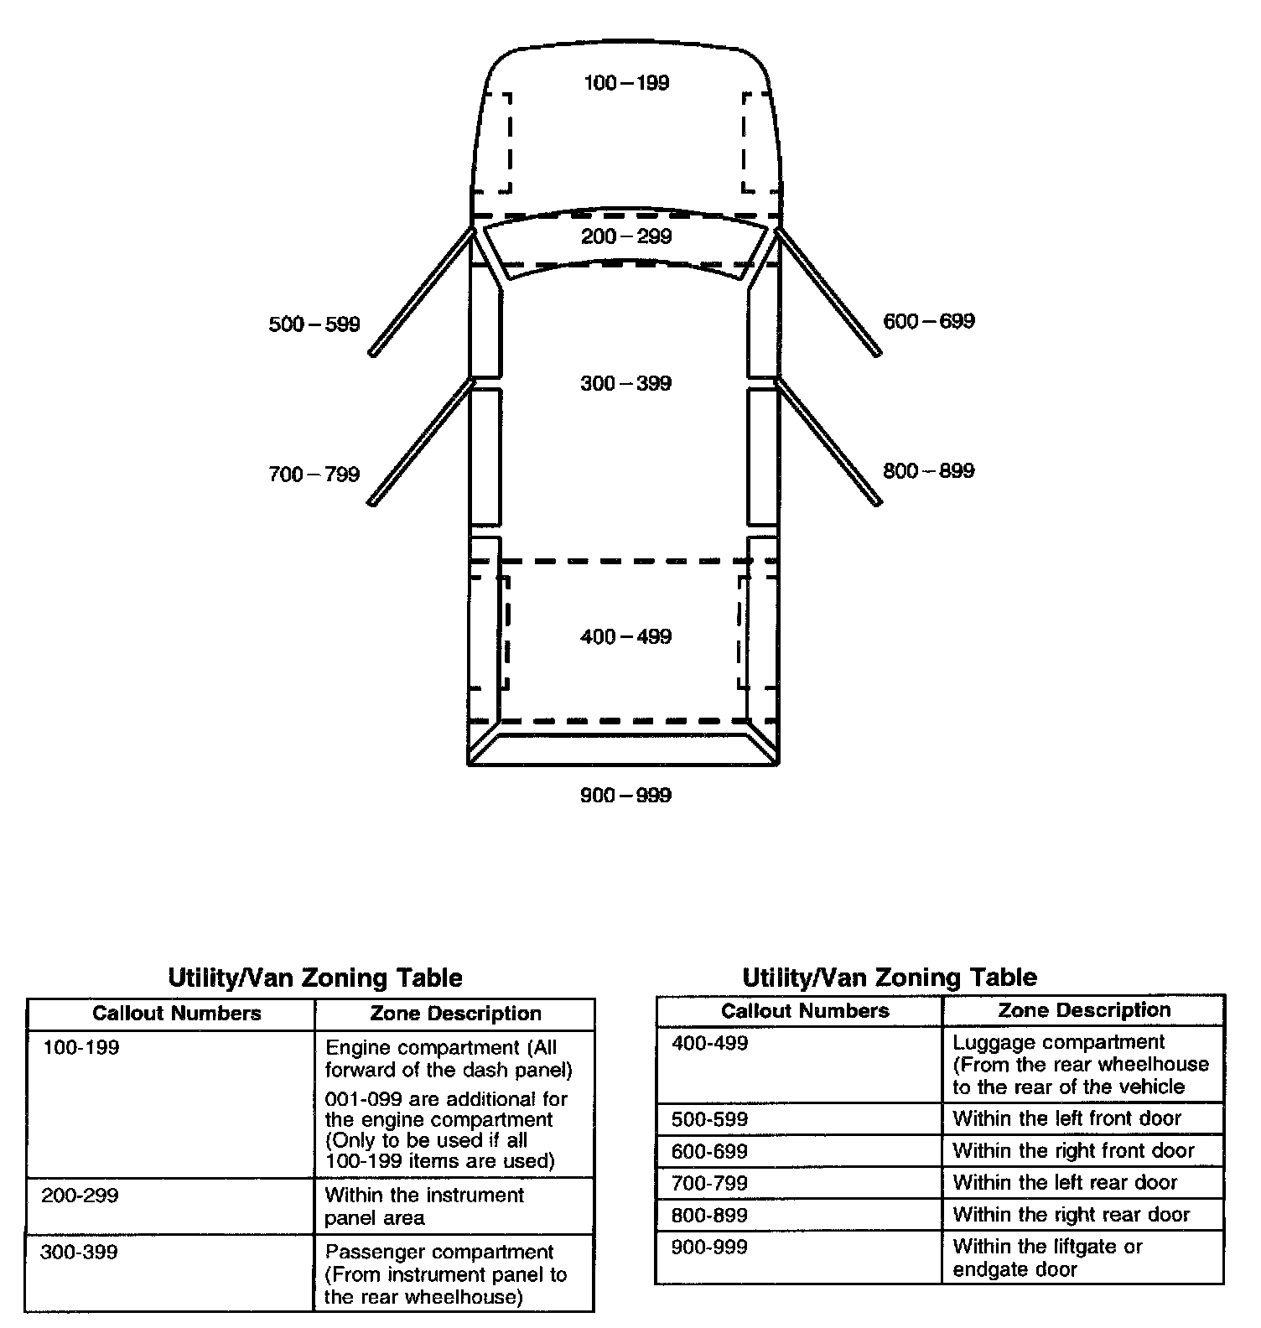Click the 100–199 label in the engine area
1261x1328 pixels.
coord(626,83)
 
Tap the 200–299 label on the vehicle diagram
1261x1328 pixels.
coord(626,236)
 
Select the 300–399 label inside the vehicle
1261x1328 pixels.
coord(625,384)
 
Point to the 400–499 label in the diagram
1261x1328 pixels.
coord(625,637)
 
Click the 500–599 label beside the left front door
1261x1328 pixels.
coord(314,324)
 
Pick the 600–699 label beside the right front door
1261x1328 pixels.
coord(929,321)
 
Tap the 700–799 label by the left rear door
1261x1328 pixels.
coord(314,475)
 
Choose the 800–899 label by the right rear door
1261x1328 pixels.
coord(929,471)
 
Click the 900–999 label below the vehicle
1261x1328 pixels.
coord(625,795)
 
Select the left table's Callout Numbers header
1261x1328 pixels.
coord(177,1014)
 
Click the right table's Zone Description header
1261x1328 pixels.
coord(1084,1010)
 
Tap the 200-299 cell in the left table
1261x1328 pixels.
coord(80,1196)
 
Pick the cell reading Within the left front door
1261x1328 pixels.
coord(1066,1118)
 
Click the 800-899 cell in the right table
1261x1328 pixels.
coord(709,1215)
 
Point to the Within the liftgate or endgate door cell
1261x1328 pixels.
coord(1048,1258)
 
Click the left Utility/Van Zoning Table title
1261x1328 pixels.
coord(315,978)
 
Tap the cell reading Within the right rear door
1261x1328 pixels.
coord(1071,1215)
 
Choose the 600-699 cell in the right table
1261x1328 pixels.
coord(709,1151)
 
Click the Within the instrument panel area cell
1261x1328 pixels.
coord(424,1206)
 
